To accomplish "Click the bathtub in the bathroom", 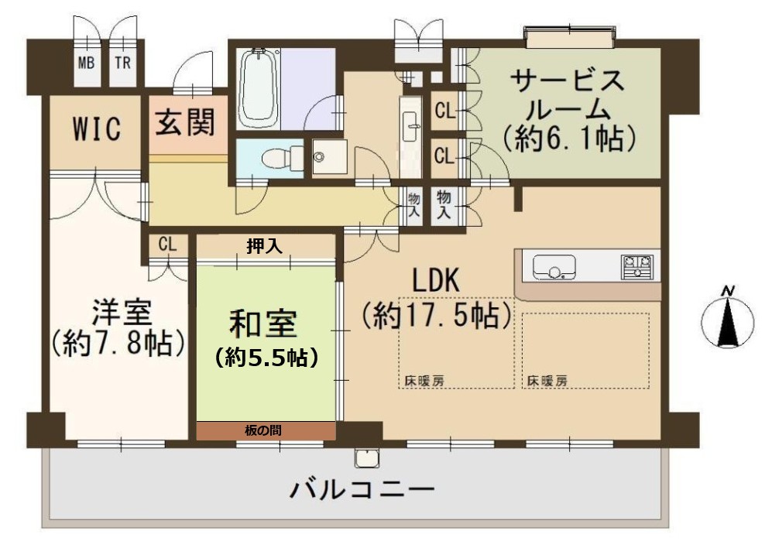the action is (x=258, y=89).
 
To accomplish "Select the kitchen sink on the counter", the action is (x=555, y=267).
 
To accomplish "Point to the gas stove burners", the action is (x=637, y=267).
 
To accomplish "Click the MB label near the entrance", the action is (x=87, y=63).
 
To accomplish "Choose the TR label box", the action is (x=122, y=63).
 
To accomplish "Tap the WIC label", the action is (x=97, y=129).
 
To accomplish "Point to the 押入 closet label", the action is (x=264, y=246).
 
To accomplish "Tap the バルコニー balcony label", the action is (x=362, y=490).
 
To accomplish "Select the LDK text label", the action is (x=436, y=281).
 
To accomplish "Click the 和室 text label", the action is (x=263, y=324).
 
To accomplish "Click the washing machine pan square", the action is (x=330, y=157).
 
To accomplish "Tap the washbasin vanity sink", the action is (x=410, y=125).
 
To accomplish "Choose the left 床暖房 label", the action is (x=424, y=381).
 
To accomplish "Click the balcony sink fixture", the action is (x=366, y=458).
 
